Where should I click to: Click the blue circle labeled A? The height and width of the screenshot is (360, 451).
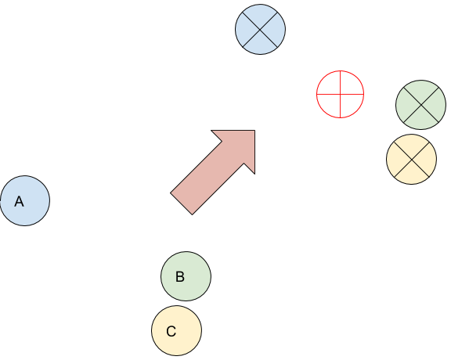click(x=25, y=200)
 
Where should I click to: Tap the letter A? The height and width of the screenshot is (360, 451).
click(x=20, y=201)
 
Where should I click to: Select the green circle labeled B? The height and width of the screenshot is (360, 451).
click(x=186, y=276)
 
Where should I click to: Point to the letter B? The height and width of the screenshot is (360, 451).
click(x=180, y=276)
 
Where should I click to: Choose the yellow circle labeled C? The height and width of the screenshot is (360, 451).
click(x=177, y=331)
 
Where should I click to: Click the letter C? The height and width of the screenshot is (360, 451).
click(x=171, y=331)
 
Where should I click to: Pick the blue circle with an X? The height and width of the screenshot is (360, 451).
click(x=260, y=29)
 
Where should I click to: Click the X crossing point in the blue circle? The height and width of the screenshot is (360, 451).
click(x=260, y=29)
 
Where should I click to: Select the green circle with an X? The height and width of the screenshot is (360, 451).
click(x=421, y=105)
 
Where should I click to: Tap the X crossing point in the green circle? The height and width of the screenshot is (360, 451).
click(x=421, y=105)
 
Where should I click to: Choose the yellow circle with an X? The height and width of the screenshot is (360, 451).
click(x=412, y=159)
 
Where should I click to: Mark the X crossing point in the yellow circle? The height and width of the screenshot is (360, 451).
click(x=412, y=159)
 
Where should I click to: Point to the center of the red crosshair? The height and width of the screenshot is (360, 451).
click(x=341, y=94)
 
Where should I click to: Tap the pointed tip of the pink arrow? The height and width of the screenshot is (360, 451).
click(x=254, y=131)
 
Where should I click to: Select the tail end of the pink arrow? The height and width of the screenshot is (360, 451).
click(x=181, y=203)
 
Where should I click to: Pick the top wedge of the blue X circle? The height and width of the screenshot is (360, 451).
click(x=260, y=15)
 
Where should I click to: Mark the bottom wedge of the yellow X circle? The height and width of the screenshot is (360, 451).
click(x=412, y=174)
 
